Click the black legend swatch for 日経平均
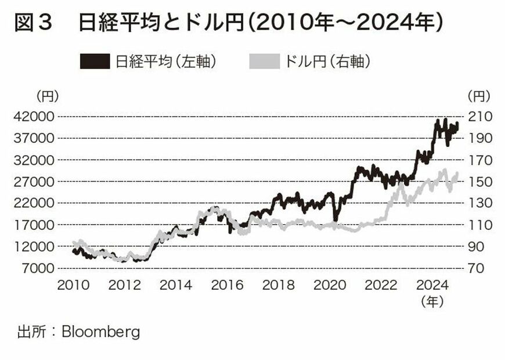point(95,61)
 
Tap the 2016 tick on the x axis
point(228,285)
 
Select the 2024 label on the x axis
point(432,285)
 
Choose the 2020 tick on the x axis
point(330,285)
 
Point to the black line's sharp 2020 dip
point(334,220)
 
